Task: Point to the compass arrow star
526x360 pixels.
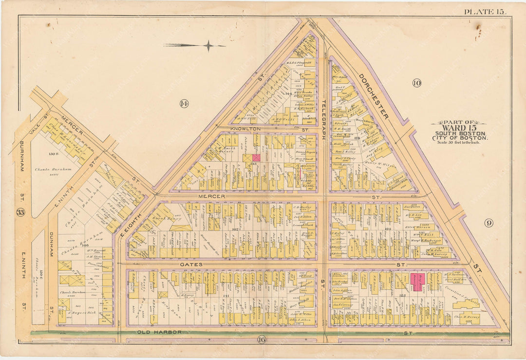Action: [x=208, y=46]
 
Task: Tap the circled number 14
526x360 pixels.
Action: [x=184, y=103]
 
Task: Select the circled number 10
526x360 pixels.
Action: [x=416, y=83]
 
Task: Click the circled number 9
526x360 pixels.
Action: [x=488, y=223]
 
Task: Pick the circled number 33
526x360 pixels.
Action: [x=20, y=212]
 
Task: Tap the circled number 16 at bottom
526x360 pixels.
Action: [x=262, y=340]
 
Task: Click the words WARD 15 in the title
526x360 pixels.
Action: [x=459, y=128]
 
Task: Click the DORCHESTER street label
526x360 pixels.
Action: [x=374, y=96]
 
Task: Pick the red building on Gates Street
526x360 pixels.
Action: [x=417, y=282]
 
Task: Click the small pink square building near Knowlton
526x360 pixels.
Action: [x=256, y=158]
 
